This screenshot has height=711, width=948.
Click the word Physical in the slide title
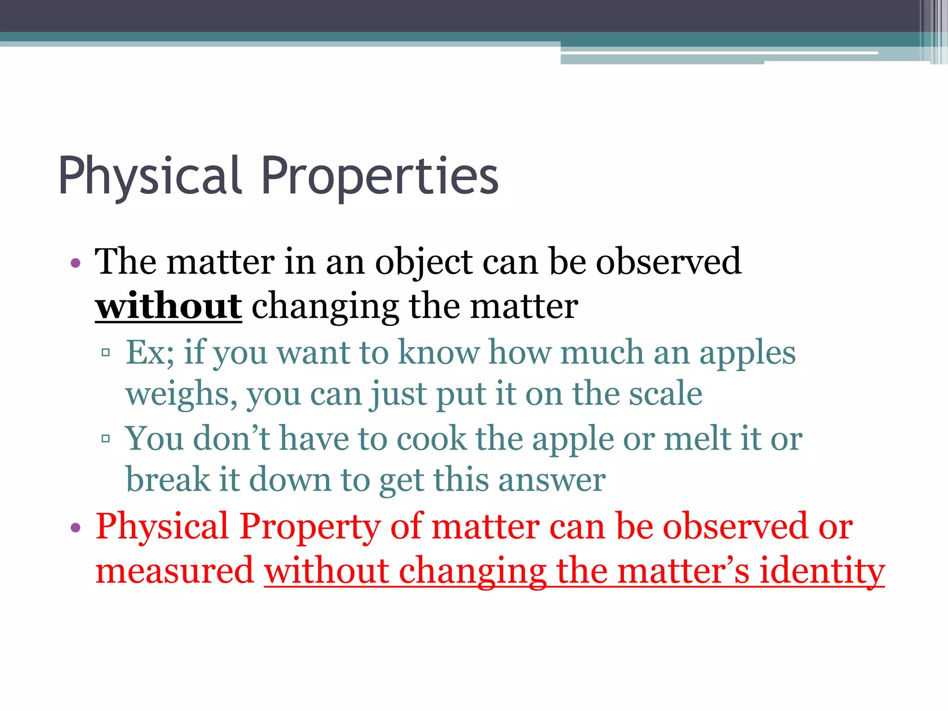point(149,176)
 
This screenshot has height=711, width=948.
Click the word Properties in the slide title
point(380,176)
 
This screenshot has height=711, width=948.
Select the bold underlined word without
point(168,306)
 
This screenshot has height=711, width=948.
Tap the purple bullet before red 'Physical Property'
point(76,528)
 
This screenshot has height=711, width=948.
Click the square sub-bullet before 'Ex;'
point(106,353)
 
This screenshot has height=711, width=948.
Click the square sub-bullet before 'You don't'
point(106,438)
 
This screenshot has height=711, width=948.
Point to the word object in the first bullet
point(424,262)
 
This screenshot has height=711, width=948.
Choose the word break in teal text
point(168,480)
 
